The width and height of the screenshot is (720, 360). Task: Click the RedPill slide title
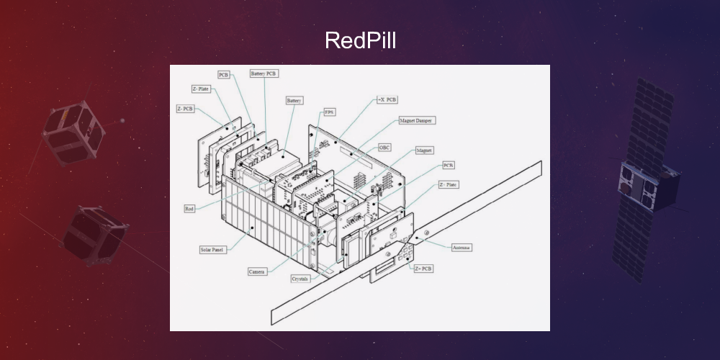click(360, 40)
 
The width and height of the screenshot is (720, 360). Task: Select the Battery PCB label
click(264, 73)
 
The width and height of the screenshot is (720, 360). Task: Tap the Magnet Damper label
click(418, 120)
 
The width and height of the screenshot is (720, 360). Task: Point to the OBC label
click(386, 147)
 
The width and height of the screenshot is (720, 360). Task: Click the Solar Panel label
click(212, 250)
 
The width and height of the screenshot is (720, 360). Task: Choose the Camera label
click(257, 271)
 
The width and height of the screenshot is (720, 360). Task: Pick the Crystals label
click(301, 278)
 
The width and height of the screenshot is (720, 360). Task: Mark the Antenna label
click(462, 247)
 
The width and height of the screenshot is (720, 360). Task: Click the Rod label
click(189, 209)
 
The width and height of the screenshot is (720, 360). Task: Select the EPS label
click(329, 112)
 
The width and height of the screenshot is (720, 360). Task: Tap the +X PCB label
click(387, 99)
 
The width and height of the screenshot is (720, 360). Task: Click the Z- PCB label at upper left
click(185, 109)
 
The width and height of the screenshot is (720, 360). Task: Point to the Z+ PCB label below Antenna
click(423, 268)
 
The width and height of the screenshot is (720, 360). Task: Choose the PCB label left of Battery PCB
click(224, 74)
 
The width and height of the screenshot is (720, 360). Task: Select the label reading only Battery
click(294, 101)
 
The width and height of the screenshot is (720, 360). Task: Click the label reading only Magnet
click(424, 150)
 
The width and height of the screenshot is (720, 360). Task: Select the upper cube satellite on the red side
click(73, 133)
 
